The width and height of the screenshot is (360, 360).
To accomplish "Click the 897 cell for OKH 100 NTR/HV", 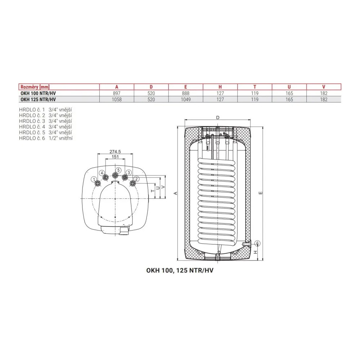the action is click(x=117, y=94).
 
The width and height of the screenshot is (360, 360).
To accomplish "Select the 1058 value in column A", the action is click(x=117, y=100).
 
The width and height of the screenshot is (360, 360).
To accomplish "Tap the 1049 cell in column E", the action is click(x=185, y=100).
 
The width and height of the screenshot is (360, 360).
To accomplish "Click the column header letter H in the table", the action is click(x=220, y=87).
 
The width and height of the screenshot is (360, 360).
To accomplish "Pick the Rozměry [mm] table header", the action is click(x=35, y=87).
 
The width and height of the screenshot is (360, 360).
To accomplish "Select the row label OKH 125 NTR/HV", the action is click(x=38, y=100).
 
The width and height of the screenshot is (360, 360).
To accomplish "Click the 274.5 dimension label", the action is click(x=115, y=152).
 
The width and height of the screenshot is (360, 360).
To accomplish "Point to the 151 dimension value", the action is click(x=115, y=157).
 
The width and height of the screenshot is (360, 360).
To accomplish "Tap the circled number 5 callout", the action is click(x=118, y=170).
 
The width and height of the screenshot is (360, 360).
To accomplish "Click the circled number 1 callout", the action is click(x=94, y=179).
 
